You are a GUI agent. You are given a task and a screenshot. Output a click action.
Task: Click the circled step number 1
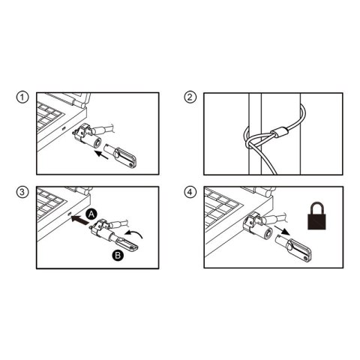point(22,97)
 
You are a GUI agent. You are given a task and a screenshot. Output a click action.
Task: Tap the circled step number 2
point(190,97)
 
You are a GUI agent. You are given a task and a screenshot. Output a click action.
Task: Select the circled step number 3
point(22,192)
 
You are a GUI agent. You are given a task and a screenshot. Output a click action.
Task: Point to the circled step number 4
point(190,192)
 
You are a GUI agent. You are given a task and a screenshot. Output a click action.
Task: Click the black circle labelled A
point(91,214)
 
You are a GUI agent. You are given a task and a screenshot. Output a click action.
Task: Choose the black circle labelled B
point(118,255)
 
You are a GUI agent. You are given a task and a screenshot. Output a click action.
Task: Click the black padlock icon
point(316,215)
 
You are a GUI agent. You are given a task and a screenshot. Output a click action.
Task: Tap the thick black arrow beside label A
point(79,220)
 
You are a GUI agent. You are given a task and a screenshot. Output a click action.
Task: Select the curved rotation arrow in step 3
point(133,234)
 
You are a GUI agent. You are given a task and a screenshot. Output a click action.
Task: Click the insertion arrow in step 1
point(103,154)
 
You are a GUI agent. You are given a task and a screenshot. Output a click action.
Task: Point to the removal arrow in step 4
point(283,230)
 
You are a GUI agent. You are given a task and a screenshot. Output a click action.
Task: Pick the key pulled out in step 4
point(293,247)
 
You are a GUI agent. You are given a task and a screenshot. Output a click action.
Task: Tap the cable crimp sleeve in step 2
point(280,132)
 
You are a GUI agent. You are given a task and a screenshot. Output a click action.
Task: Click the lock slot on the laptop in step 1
point(64,128)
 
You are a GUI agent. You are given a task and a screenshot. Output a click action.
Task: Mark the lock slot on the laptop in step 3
point(70,214)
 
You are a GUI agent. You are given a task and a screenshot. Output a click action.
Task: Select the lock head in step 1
point(87,137)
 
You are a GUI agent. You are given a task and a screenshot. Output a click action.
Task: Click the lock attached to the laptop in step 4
point(256,226)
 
